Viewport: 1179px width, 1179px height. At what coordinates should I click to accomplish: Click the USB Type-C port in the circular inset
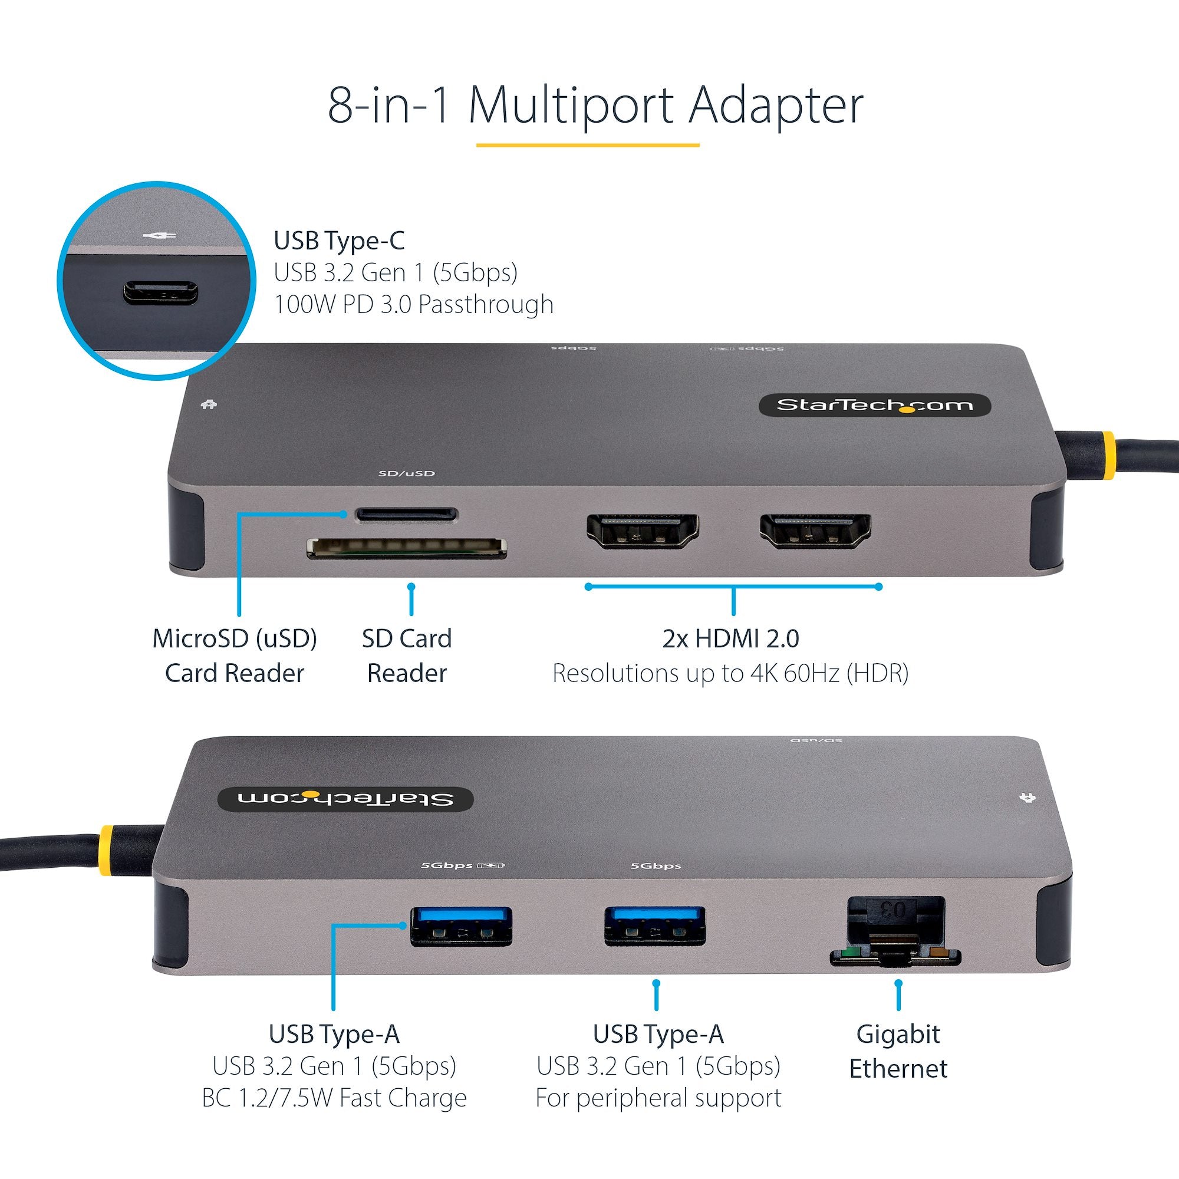[x=160, y=292]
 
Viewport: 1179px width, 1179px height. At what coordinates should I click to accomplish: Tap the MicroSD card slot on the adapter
[x=406, y=514]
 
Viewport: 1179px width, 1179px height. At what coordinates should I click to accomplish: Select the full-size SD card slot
[x=406, y=549]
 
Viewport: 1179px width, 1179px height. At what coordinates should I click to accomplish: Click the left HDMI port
[x=642, y=531]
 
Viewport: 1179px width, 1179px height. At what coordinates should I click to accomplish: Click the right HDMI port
[x=815, y=531]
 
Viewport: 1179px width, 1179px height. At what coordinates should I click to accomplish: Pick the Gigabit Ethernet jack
[x=895, y=932]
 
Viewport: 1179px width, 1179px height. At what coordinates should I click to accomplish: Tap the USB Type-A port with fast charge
[x=461, y=926]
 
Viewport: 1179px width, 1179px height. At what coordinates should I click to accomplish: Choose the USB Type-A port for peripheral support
[x=655, y=926]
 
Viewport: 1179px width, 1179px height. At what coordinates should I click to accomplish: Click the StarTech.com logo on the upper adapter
[x=874, y=405]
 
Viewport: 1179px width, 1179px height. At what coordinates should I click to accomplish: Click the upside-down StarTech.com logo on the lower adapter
[x=345, y=799]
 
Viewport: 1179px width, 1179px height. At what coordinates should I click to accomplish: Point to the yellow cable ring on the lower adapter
[x=106, y=847]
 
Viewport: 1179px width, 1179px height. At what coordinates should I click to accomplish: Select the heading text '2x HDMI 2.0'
[x=730, y=639]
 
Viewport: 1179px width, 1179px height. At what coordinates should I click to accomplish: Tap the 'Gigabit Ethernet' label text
[x=898, y=1051]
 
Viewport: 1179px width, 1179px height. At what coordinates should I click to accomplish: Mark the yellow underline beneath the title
[x=587, y=145]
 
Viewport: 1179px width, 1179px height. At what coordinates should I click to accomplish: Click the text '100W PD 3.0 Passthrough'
[x=413, y=305]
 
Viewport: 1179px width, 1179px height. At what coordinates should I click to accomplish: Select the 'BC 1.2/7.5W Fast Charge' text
[x=334, y=1098]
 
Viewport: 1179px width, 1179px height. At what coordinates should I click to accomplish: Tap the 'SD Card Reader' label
[x=406, y=656]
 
